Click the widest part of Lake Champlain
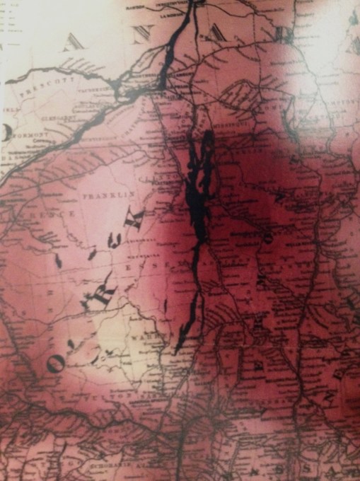coord(200,191)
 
